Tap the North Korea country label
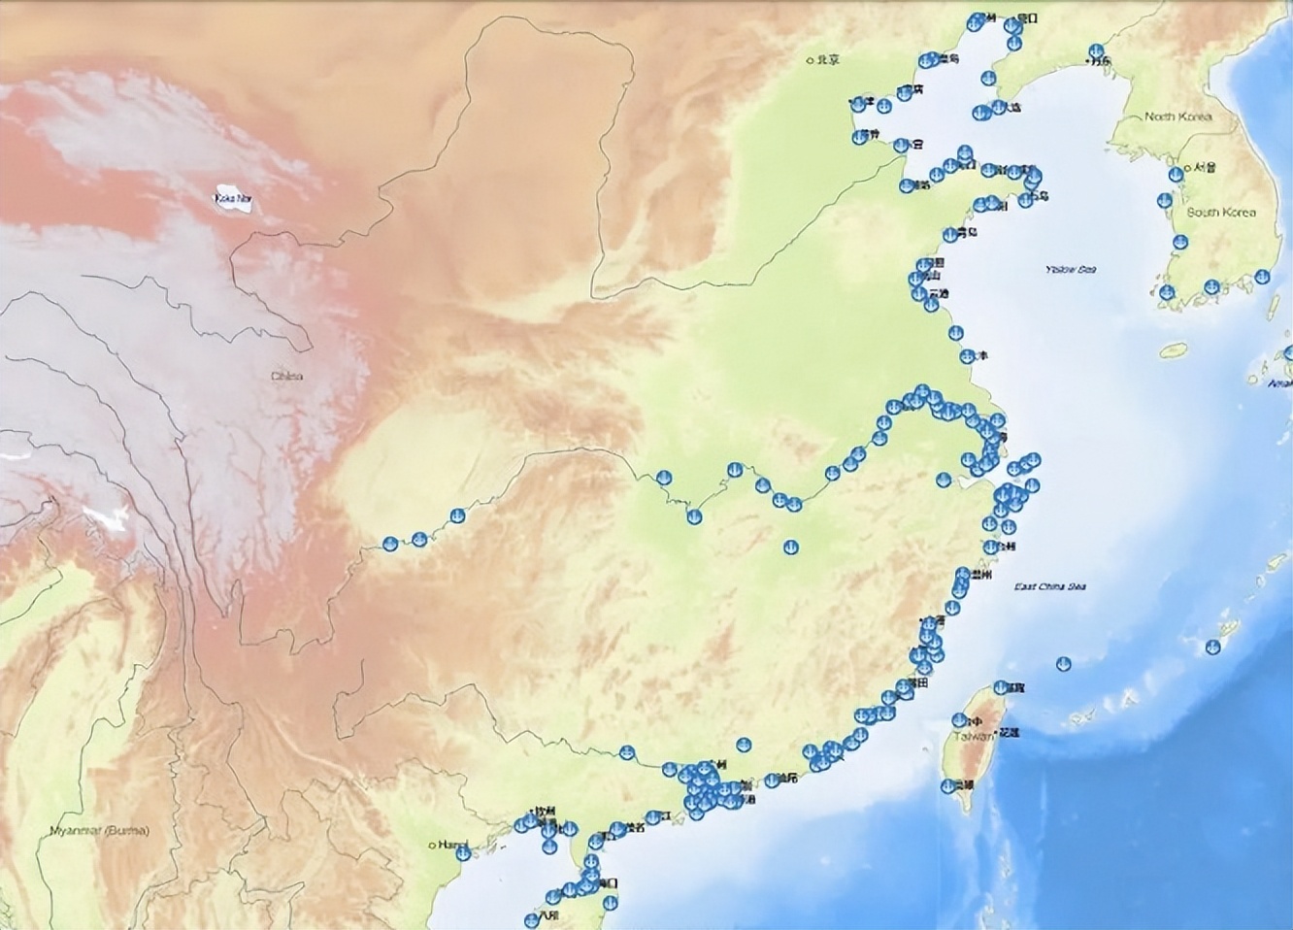coord(1178,116)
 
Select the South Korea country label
coord(1221,213)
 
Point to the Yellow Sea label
coord(1070,269)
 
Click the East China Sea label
coord(1050,586)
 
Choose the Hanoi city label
coord(451,845)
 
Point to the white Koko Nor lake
coord(233,199)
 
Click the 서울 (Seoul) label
coord(1205,167)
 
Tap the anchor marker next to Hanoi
coord(463,854)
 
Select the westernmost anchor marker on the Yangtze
coord(390,545)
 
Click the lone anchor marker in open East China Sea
coord(1063,664)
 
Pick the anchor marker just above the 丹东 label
coord(1092,50)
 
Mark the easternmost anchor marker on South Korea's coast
coord(1262,277)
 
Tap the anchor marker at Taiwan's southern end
coord(948,786)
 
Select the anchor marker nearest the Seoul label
coord(1177,175)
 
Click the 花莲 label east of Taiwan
coord(1010,732)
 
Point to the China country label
coord(286,377)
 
